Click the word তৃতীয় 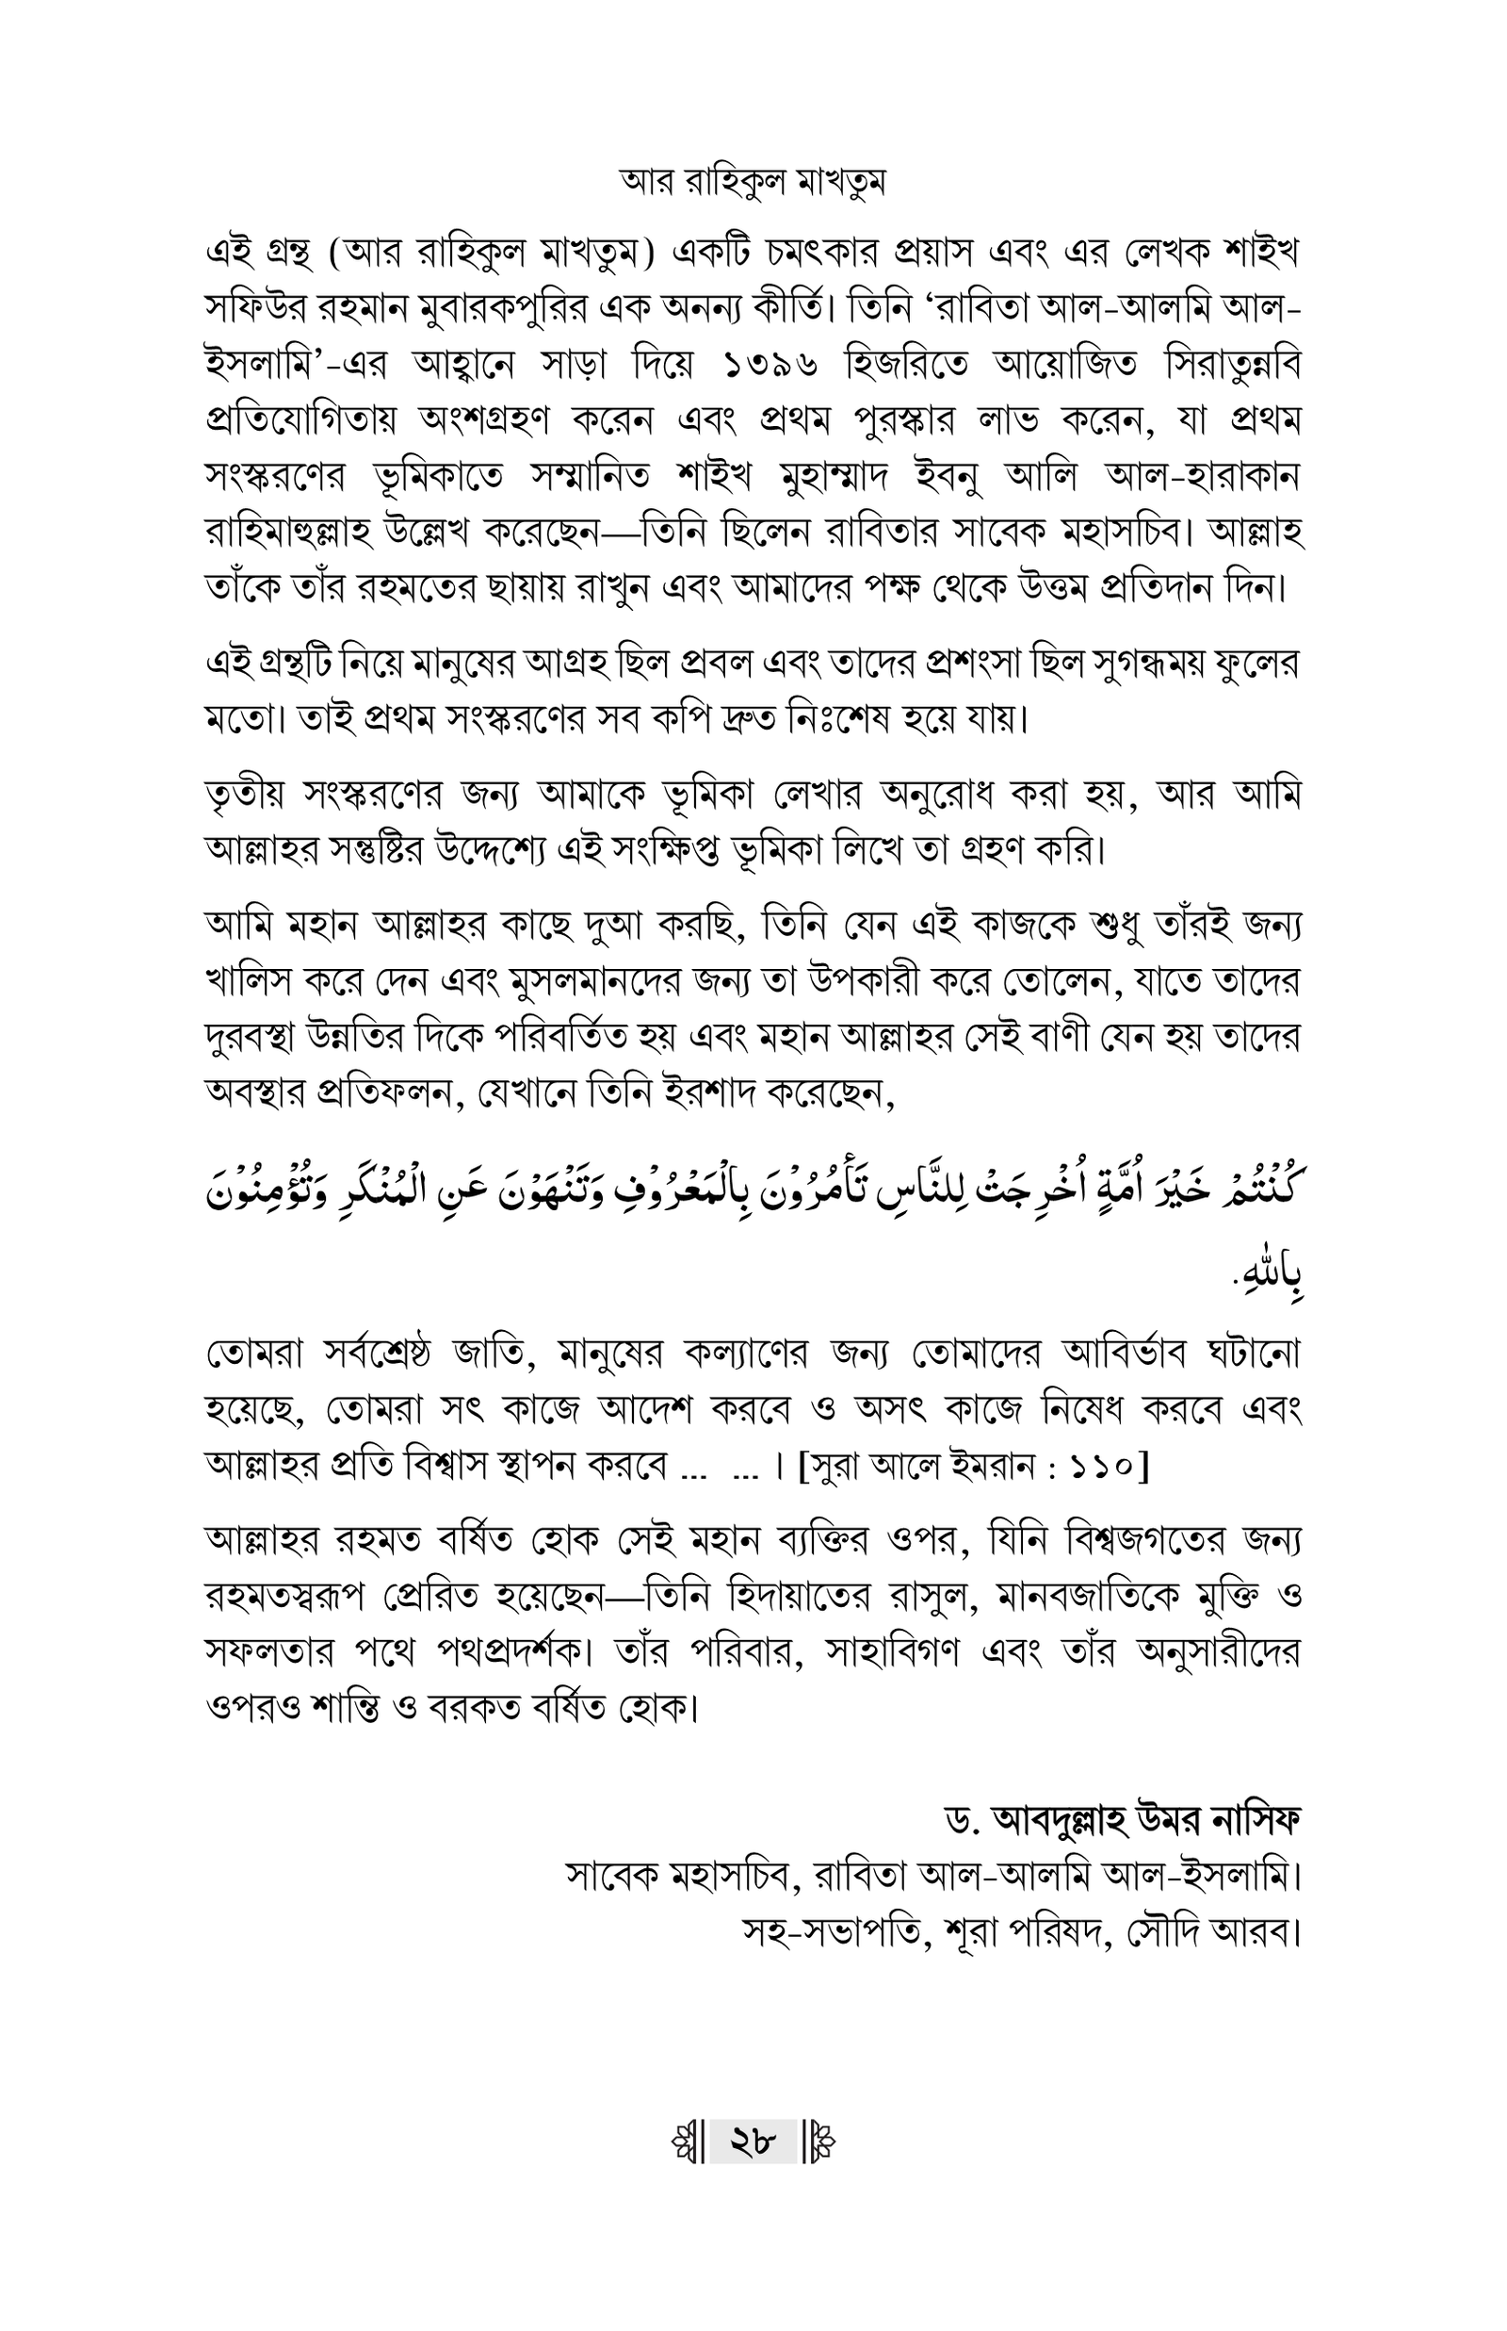coord(244,795)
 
